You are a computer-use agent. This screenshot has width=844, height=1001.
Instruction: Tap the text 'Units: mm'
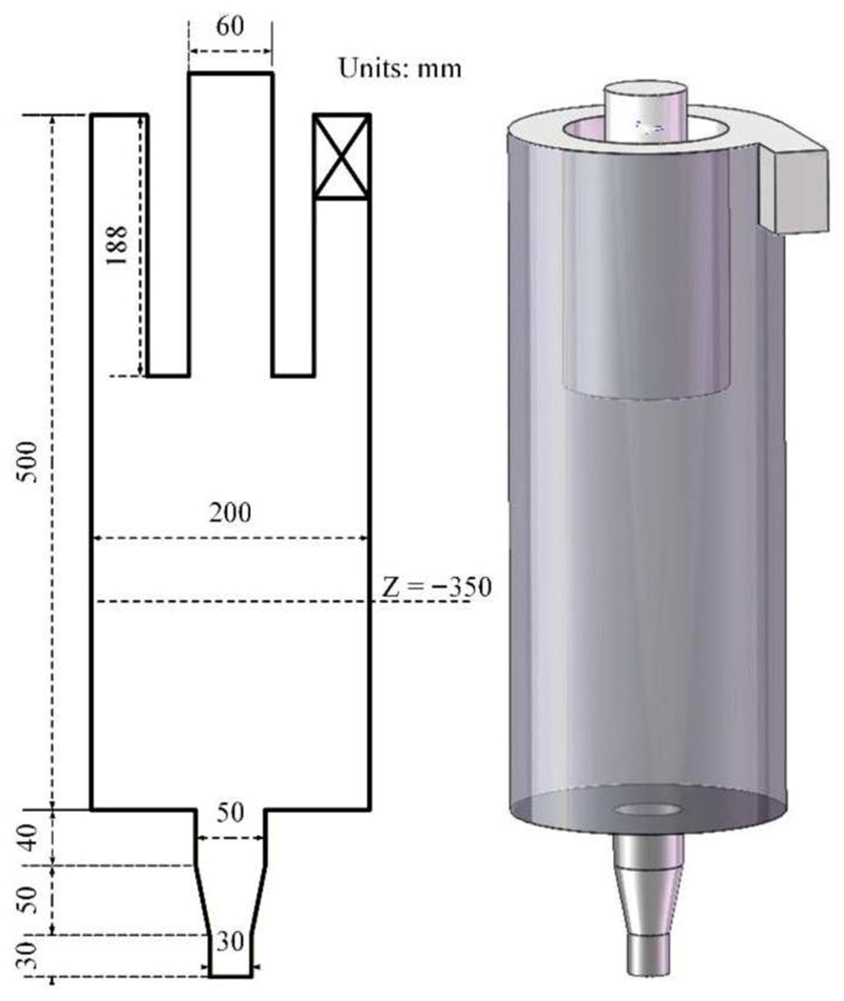pyautogui.click(x=400, y=69)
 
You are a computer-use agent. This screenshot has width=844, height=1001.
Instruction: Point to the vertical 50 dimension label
pyautogui.click(x=30, y=900)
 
